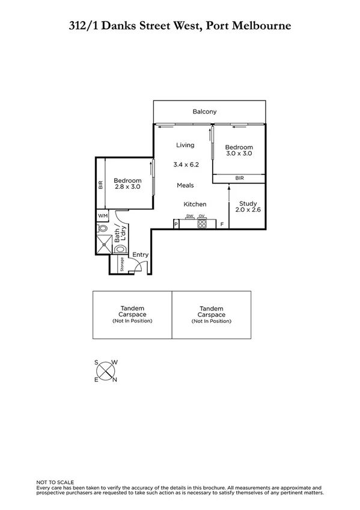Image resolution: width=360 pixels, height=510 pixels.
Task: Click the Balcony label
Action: [204, 112]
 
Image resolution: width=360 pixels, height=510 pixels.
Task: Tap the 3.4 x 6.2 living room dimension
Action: [185, 164]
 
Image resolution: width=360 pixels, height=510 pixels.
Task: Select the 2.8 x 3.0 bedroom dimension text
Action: [127, 187]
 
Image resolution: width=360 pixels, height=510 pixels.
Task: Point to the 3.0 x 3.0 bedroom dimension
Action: [239, 154]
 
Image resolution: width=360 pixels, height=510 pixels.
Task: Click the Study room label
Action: [247, 204]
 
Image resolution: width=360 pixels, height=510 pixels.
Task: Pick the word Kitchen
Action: [195, 204]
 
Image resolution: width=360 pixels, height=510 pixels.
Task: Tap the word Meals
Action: [185, 185]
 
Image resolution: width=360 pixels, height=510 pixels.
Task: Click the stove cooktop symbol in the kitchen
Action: [203, 224]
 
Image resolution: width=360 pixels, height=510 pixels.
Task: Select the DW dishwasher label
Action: [189, 216]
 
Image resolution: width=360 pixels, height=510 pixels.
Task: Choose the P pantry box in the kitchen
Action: [176, 224]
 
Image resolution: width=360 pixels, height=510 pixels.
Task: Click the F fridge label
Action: [222, 224]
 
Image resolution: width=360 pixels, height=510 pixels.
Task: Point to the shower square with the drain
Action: [102, 244]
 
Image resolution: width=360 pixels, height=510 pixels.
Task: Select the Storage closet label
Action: [122, 263]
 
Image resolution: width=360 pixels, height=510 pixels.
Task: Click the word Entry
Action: [140, 254]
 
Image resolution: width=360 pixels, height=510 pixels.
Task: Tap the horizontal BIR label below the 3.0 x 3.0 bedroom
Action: [239, 178]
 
